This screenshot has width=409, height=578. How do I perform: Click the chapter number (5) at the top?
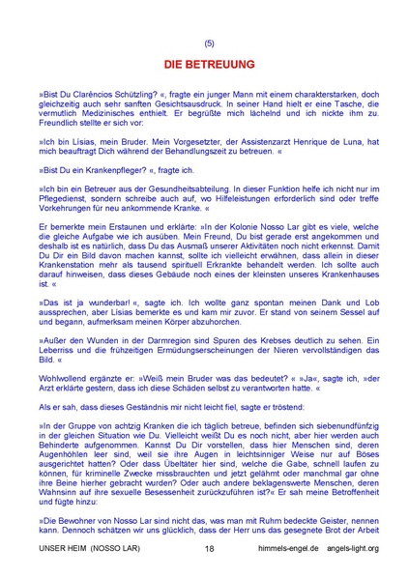pyautogui.click(x=210, y=43)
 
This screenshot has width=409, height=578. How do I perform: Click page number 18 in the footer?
pyautogui.click(x=210, y=548)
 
